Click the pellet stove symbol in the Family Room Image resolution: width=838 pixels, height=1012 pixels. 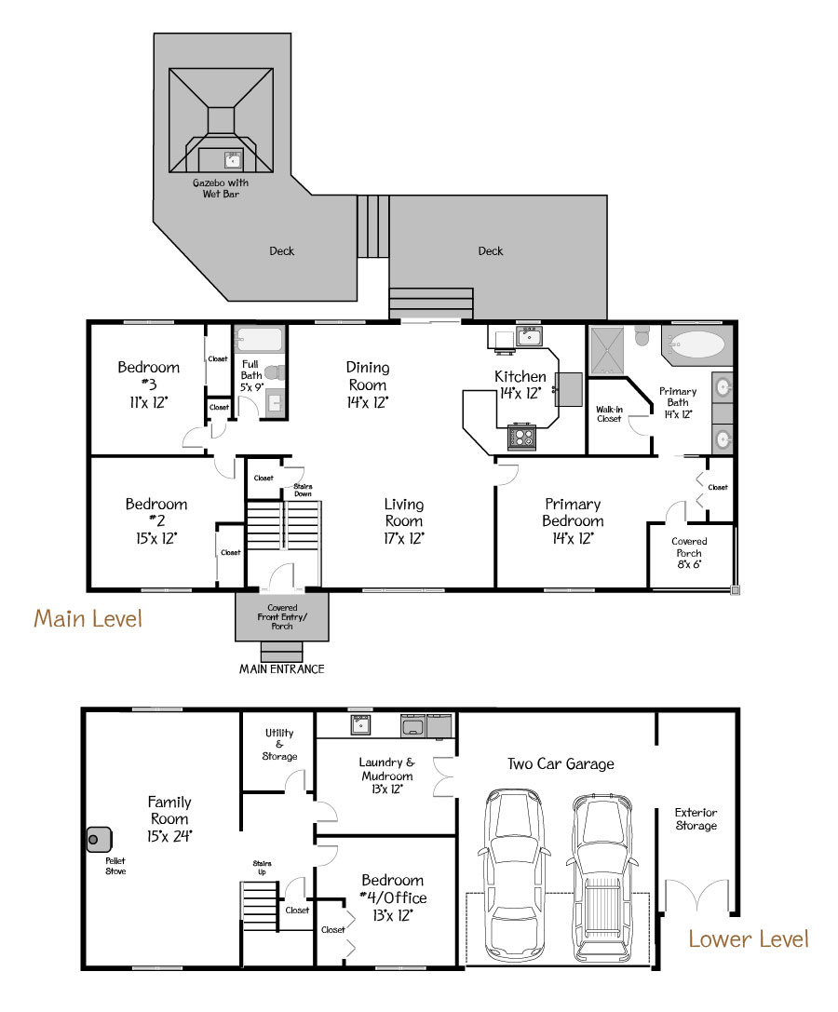click(x=100, y=840)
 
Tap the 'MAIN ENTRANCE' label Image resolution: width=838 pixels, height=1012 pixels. click(x=282, y=668)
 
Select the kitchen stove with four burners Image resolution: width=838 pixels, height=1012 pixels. click(x=521, y=437)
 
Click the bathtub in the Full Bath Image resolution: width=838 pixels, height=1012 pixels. click(x=259, y=340)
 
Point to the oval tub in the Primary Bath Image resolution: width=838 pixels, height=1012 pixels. click(x=696, y=344)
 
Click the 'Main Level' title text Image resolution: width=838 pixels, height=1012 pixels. click(x=88, y=618)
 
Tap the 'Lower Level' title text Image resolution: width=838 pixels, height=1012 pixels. click(x=749, y=938)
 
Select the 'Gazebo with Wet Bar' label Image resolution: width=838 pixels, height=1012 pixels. click(x=221, y=188)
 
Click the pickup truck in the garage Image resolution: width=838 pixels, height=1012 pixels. click(x=602, y=877)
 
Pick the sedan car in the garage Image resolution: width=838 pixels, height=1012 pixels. click(x=515, y=875)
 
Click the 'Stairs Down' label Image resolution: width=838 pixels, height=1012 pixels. click(x=303, y=490)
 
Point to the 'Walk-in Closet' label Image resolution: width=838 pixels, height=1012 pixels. click(x=609, y=413)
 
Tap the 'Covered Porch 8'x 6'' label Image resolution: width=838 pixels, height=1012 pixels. click(x=689, y=552)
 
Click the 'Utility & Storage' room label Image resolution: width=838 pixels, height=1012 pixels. click(x=279, y=744)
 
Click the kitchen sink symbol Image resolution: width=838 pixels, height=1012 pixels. click(x=529, y=336)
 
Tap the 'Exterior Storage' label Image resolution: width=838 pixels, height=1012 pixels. click(x=696, y=818)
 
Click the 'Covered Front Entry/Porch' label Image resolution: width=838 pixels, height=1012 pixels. click(x=282, y=616)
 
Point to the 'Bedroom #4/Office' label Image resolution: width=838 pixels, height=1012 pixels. click(x=393, y=897)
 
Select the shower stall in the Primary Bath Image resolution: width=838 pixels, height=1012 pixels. click(x=607, y=351)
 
